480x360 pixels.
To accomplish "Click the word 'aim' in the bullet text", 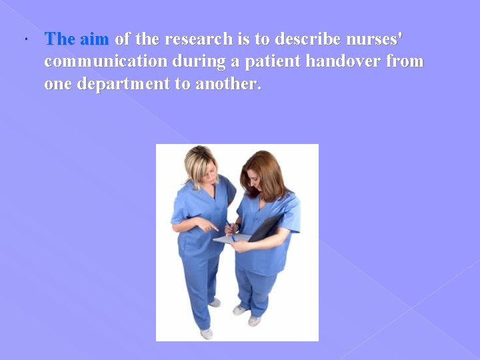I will (x=94, y=39).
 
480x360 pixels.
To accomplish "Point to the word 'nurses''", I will (x=373, y=39).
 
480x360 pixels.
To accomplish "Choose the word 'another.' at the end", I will (x=229, y=85).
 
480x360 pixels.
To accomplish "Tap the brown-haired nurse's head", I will (x=261, y=172).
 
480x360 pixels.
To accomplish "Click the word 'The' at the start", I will (x=60, y=39).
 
